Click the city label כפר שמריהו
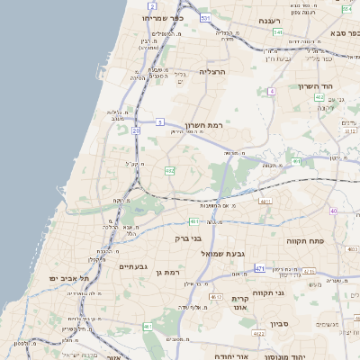[x=162, y=17]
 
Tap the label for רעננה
[x=269, y=20]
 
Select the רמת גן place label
[x=167, y=273]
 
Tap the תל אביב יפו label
[x=66, y=279]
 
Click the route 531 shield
[x=207, y=17]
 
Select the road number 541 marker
[x=278, y=32]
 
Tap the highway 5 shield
[x=160, y=121]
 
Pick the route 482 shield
[x=168, y=170]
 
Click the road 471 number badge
[x=259, y=268]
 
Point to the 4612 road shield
[x=215, y=297]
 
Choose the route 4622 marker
[x=258, y=335]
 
